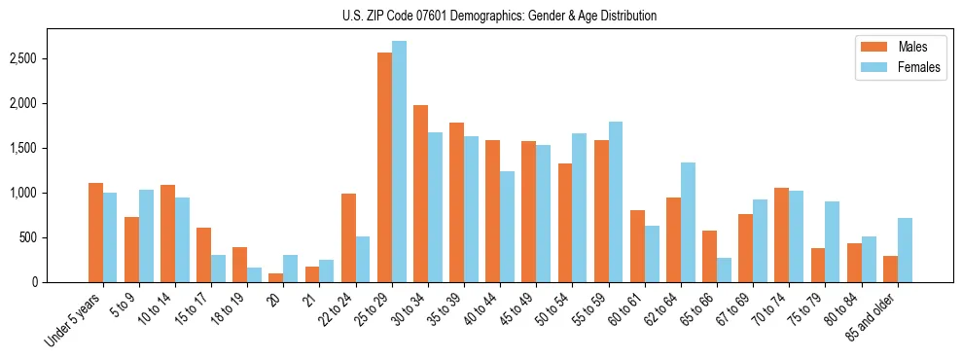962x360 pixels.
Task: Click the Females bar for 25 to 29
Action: tap(399, 162)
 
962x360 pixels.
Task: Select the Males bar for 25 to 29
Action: tap(384, 167)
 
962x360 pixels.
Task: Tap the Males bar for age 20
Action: tap(276, 277)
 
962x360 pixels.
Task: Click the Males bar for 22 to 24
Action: tap(348, 237)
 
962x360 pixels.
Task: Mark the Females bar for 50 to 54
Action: tap(580, 207)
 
